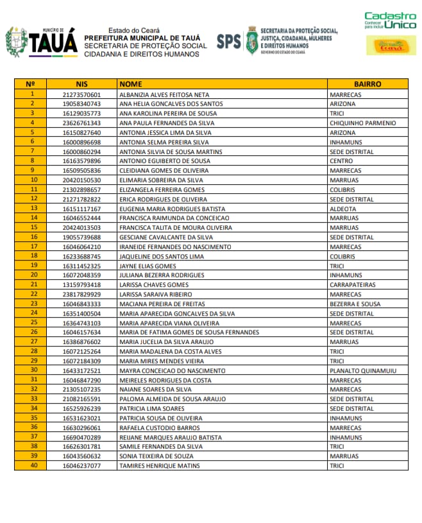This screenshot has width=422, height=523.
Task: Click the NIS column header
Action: coord(81,84)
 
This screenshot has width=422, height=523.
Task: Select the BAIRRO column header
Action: coord(367,84)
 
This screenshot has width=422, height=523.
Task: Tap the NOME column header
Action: coord(131,84)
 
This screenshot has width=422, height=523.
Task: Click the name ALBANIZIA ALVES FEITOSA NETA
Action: coord(164,94)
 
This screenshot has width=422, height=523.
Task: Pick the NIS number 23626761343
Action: coord(81,123)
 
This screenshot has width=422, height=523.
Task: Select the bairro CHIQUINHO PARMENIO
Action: coord(362,123)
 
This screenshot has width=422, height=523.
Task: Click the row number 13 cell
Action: coord(31,209)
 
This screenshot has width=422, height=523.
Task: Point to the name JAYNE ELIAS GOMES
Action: coord(148,266)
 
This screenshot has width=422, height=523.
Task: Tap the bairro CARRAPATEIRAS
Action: coord(352,284)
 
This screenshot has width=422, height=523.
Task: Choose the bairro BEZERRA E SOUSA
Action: coord(355,304)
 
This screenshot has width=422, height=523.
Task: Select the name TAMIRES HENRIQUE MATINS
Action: coord(160,465)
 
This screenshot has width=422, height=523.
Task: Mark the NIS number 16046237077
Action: coord(81,465)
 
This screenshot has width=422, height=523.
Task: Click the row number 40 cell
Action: coord(31,465)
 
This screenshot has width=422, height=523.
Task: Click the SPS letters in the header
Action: coord(228,42)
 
